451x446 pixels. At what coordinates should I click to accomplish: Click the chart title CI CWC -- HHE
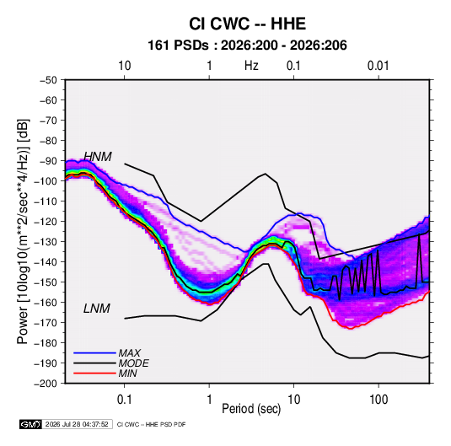[x=247, y=24]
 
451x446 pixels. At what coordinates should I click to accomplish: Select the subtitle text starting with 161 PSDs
[x=247, y=46]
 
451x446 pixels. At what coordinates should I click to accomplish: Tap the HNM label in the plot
[x=98, y=157]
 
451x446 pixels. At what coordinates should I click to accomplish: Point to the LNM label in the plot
[x=97, y=309]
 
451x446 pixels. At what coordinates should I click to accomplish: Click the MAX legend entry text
[x=130, y=353]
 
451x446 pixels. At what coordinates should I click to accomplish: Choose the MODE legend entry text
[x=134, y=363]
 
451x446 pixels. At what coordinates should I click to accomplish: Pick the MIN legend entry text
[x=127, y=373]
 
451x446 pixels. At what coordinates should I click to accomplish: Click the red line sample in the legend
[x=94, y=373]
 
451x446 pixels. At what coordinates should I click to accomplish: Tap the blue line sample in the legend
[x=94, y=353]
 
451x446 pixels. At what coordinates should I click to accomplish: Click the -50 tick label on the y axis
[x=48, y=80]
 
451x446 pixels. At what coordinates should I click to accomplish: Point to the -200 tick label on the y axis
[x=46, y=384]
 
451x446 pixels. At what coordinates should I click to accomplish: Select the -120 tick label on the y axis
[x=46, y=222]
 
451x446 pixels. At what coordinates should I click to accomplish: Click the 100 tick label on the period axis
[x=379, y=400]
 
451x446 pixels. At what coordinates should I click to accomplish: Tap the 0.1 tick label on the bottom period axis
[x=124, y=400]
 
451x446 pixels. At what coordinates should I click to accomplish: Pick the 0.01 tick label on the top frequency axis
[x=378, y=66]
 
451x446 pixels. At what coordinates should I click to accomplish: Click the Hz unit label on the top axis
[x=251, y=66]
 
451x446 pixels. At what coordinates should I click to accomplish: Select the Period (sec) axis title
[x=251, y=409]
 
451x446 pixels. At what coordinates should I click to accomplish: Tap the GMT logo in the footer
[x=30, y=424]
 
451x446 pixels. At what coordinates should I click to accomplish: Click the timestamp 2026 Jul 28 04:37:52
[x=77, y=424]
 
